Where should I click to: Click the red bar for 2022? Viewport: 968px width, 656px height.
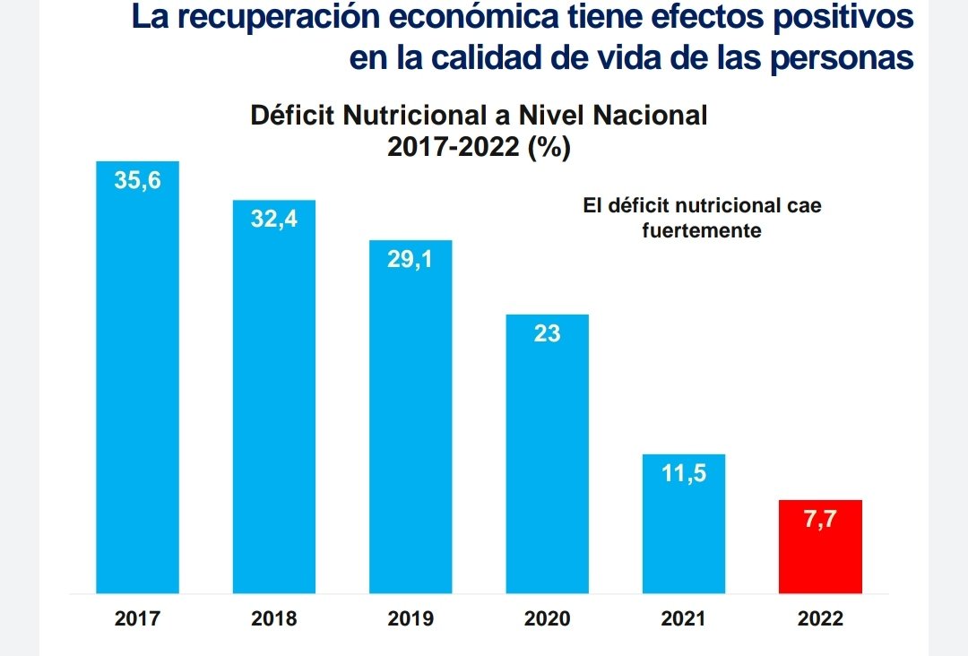click(x=820, y=547)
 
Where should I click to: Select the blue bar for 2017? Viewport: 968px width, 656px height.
click(x=138, y=377)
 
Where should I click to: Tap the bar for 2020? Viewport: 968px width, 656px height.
click(x=547, y=454)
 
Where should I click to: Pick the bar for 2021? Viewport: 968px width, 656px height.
click(x=684, y=524)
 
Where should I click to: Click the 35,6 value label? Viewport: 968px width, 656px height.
click(x=138, y=180)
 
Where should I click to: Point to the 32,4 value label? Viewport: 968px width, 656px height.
click(x=274, y=219)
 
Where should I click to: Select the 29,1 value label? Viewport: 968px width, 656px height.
click(x=411, y=259)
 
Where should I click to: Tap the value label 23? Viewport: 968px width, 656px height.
click(x=547, y=333)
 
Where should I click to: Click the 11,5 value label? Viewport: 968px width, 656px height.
click(x=684, y=473)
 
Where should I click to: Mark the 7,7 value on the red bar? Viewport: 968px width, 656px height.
click(x=820, y=519)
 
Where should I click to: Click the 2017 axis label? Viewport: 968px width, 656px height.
click(x=138, y=618)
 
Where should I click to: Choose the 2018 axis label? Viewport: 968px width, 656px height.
click(x=274, y=618)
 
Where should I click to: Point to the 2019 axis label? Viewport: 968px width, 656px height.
click(x=411, y=618)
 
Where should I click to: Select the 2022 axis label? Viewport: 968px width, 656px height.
click(x=820, y=618)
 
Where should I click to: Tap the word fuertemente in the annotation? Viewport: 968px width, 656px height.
click(x=702, y=231)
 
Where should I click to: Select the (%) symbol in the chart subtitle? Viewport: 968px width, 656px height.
click(x=549, y=148)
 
